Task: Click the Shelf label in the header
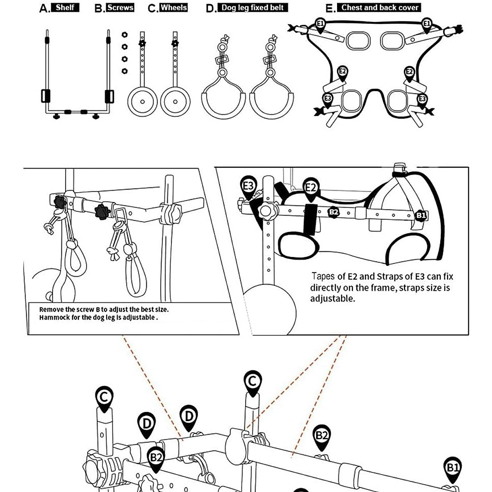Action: (65, 7)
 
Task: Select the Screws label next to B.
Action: (120, 7)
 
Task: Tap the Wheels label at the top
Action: (173, 7)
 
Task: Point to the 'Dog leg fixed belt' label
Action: (253, 7)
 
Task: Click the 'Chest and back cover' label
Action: (380, 7)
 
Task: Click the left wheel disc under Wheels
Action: (142, 101)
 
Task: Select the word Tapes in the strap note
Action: (323, 276)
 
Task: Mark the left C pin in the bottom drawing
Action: (105, 397)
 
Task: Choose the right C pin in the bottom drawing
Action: (252, 382)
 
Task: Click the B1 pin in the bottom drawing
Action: (453, 468)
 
